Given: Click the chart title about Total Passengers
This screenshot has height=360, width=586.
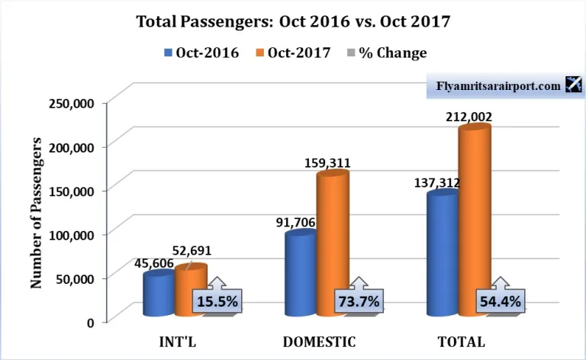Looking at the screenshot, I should (292, 21).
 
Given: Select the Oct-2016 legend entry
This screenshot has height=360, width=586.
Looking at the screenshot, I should (201, 53).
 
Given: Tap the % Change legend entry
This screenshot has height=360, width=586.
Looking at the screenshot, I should (386, 53).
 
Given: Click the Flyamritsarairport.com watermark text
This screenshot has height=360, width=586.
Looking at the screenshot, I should (497, 86).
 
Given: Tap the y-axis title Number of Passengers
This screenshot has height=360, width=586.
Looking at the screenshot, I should (36, 213).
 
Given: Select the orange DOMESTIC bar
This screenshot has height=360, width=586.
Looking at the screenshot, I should (333, 244).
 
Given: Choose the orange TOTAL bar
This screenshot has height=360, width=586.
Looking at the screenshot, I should (474, 221).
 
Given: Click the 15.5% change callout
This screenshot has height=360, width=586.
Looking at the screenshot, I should (217, 301).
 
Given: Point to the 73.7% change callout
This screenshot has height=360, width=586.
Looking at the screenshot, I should (358, 301).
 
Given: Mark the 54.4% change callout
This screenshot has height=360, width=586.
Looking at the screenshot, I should (500, 301).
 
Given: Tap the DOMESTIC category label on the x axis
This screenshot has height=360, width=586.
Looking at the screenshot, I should (319, 340).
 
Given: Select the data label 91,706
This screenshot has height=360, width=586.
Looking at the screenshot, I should (295, 223).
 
